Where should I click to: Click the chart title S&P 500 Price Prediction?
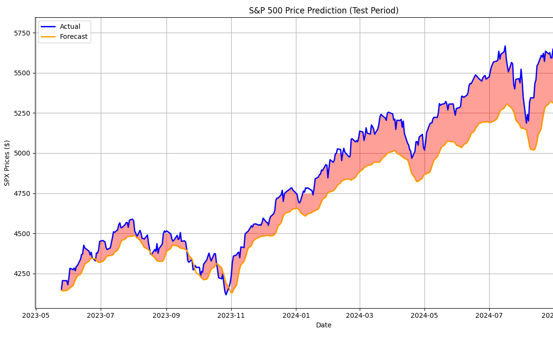point(323,11)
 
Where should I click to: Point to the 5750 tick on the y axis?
point(22,33)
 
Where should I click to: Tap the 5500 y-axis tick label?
point(22,73)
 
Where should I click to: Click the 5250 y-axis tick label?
point(22,113)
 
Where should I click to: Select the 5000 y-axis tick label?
point(22,153)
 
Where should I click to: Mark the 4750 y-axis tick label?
point(22,193)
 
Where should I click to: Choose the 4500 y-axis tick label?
point(22,234)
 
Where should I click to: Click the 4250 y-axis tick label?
point(22,274)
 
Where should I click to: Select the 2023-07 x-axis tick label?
point(101,315)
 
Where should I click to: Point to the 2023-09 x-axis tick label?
point(166,315)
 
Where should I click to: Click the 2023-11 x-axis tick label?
point(231,315)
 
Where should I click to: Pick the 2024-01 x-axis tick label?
point(296,315)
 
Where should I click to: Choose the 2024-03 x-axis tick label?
point(360,315)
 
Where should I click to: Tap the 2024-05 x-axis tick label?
point(424,315)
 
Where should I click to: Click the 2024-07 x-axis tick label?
point(489,315)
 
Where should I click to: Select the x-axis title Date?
point(323,325)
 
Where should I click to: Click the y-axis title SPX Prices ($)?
point(7,163)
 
